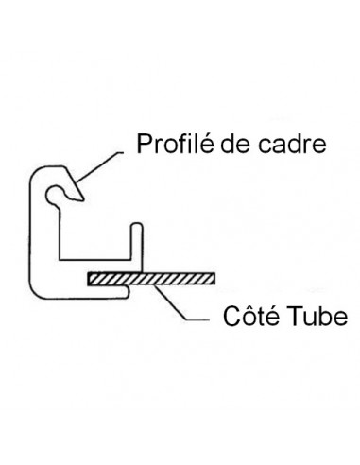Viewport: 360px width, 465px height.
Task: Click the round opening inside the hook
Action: (61, 194)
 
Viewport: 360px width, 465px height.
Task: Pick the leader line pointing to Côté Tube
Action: (180, 307)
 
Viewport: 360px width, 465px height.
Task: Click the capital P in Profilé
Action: (145, 145)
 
